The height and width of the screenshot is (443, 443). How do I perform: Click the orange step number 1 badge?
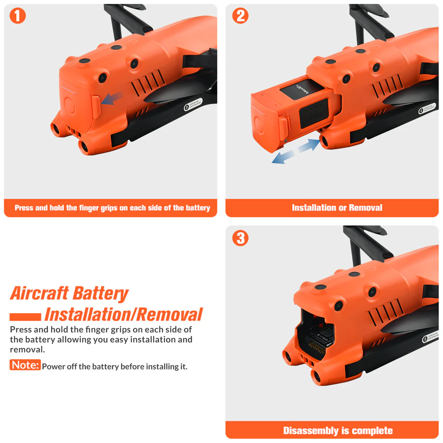[x=18, y=16]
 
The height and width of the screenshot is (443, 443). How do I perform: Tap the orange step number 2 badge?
[x=241, y=16]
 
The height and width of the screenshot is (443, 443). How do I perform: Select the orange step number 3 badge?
[x=241, y=238]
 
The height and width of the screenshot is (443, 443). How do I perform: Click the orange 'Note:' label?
[x=25, y=365]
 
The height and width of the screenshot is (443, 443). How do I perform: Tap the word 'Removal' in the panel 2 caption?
[x=366, y=208]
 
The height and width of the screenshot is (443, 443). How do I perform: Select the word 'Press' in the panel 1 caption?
[x=24, y=208]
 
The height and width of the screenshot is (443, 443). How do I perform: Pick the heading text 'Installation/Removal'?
[x=123, y=315]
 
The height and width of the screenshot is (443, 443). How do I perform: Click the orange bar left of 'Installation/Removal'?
[x=25, y=317]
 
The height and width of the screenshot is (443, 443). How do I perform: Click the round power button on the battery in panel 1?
[x=70, y=106]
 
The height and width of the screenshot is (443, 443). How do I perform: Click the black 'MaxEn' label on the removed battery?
[x=302, y=90]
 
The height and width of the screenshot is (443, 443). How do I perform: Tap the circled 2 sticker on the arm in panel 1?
[x=187, y=107]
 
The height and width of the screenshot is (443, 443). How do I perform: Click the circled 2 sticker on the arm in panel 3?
[x=425, y=339]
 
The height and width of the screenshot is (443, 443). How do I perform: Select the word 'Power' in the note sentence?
[x=53, y=367]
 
